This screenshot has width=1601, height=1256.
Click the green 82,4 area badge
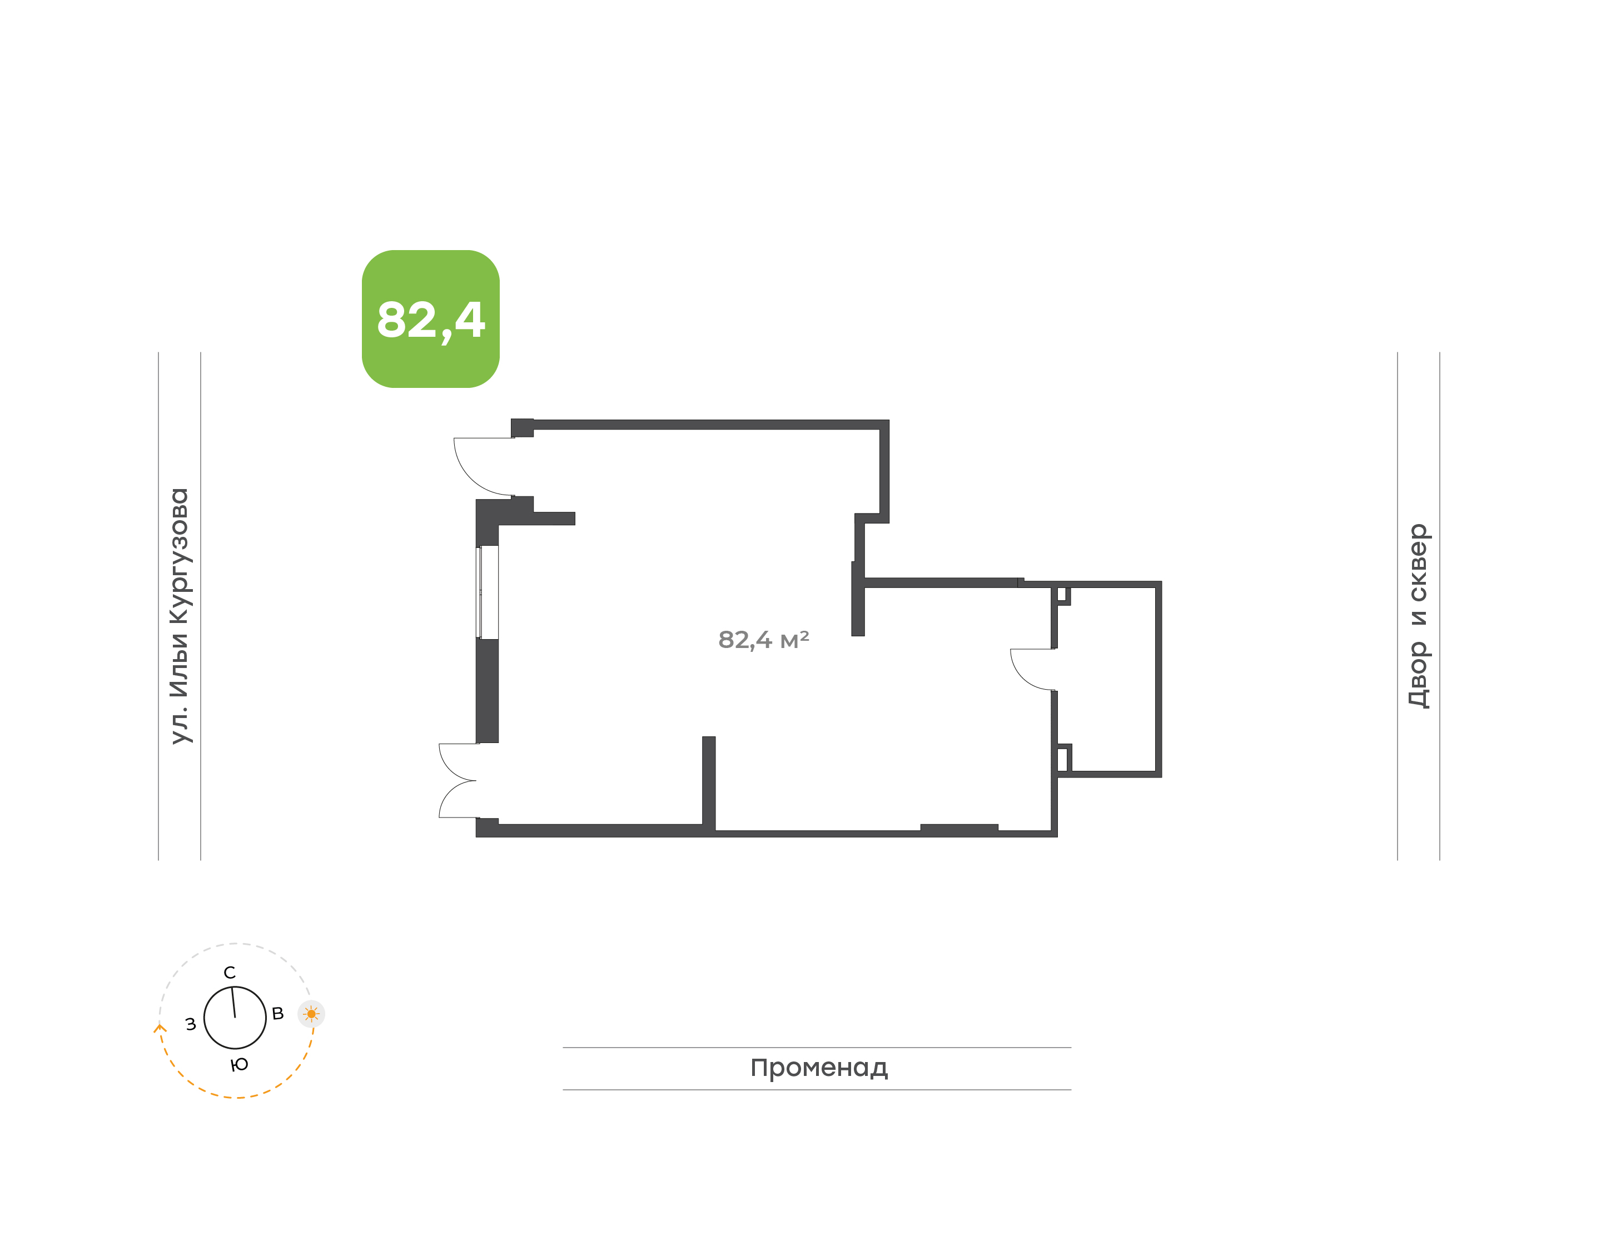(430, 318)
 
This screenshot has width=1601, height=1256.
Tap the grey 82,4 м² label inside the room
(763, 640)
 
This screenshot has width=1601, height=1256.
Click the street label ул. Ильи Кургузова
(180, 616)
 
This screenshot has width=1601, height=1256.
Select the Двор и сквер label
(1418, 616)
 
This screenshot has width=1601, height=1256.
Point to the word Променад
(818, 1068)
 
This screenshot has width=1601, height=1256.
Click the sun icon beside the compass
(311, 1014)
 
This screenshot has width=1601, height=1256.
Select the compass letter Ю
(239, 1065)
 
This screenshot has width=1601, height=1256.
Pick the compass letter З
(191, 1024)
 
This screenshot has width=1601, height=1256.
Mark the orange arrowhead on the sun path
(160, 1028)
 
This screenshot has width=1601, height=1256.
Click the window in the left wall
(487, 592)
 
